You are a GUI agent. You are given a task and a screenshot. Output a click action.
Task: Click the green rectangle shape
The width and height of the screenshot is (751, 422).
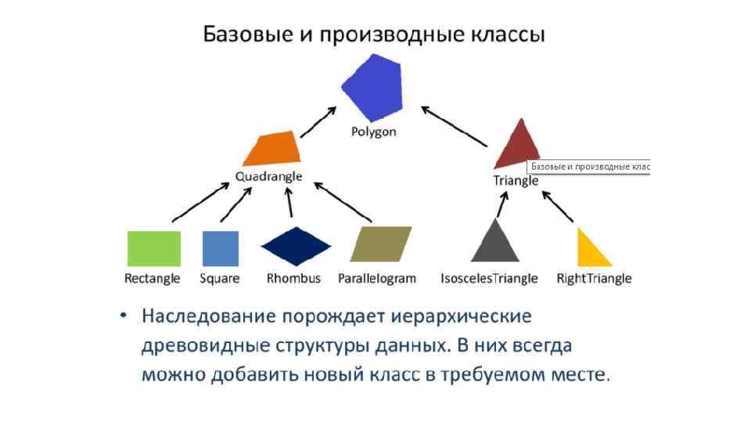[x=154, y=249]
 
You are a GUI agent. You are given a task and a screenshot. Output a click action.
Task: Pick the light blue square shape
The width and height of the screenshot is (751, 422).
[x=220, y=249]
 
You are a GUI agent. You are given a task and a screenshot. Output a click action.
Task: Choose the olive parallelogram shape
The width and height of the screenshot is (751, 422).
[x=381, y=244]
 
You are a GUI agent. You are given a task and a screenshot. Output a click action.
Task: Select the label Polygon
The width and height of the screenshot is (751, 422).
[x=373, y=131]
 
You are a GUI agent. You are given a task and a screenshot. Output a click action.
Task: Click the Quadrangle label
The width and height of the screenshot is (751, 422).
[x=268, y=177]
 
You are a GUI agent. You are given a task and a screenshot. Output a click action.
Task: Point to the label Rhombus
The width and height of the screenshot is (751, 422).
[x=293, y=278]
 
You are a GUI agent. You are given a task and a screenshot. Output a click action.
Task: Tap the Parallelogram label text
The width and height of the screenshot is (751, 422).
[x=377, y=278]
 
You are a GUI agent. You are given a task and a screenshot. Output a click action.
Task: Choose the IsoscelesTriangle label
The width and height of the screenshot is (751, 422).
[x=490, y=278]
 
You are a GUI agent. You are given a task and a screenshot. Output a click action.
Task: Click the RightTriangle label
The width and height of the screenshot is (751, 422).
[x=594, y=278]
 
